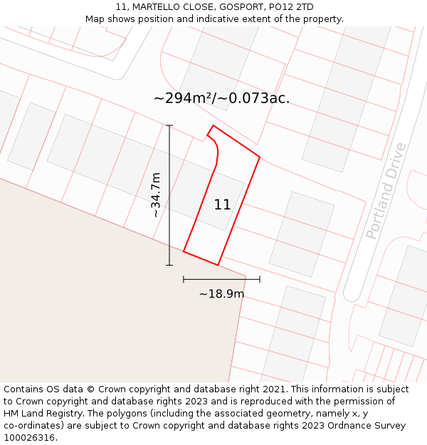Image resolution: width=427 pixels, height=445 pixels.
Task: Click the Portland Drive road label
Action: point(386,191)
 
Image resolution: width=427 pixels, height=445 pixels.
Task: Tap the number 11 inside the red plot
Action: point(222,205)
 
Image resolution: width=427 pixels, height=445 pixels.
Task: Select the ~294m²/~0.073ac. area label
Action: point(221,98)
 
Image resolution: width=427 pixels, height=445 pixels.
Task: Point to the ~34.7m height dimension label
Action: point(156,194)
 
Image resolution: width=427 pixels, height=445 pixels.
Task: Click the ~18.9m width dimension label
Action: point(221,293)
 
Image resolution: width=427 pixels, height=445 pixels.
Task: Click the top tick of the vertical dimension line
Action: point(169,125)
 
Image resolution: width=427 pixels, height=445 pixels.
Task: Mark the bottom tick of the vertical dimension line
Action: point(169,265)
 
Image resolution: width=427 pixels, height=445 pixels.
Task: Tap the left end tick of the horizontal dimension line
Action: point(184,279)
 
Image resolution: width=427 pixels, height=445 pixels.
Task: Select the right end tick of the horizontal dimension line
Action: point(260,279)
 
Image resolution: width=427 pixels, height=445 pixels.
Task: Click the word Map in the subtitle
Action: point(95,19)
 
